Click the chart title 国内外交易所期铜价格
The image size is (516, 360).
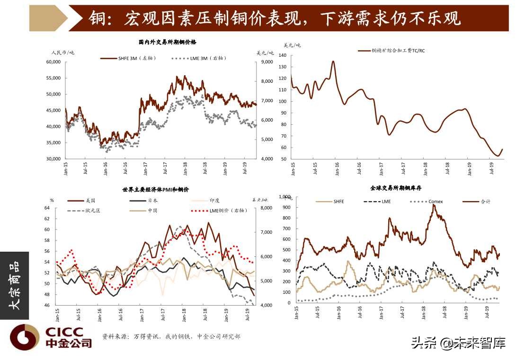click(x=160, y=43)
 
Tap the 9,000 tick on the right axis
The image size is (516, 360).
click(x=267, y=62)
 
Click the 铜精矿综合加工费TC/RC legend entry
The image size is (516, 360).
click(x=398, y=51)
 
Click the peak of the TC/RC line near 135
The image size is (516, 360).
click(x=333, y=61)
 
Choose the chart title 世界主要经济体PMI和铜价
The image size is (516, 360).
click(x=156, y=190)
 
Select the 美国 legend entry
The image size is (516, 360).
click(x=83, y=200)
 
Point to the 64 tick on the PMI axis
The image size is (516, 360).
click(x=47, y=208)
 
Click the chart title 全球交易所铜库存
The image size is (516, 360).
click(x=396, y=188)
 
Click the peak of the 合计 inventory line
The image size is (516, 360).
click(x=434, y=205)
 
